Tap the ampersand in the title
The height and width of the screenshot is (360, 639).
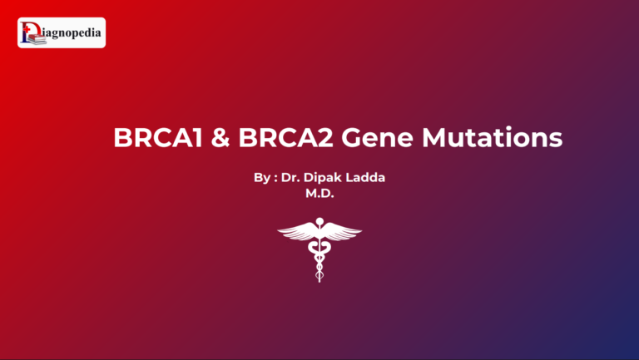point(220,137)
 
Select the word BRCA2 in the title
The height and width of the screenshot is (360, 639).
point(282,137)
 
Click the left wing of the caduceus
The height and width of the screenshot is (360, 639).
point(296,232)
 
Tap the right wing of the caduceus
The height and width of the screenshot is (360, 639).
point(343,232)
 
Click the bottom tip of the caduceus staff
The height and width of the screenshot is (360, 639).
point(319,279)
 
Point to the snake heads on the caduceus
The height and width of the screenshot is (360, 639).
point(319,234)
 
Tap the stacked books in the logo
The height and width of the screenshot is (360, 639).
point(27,38)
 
